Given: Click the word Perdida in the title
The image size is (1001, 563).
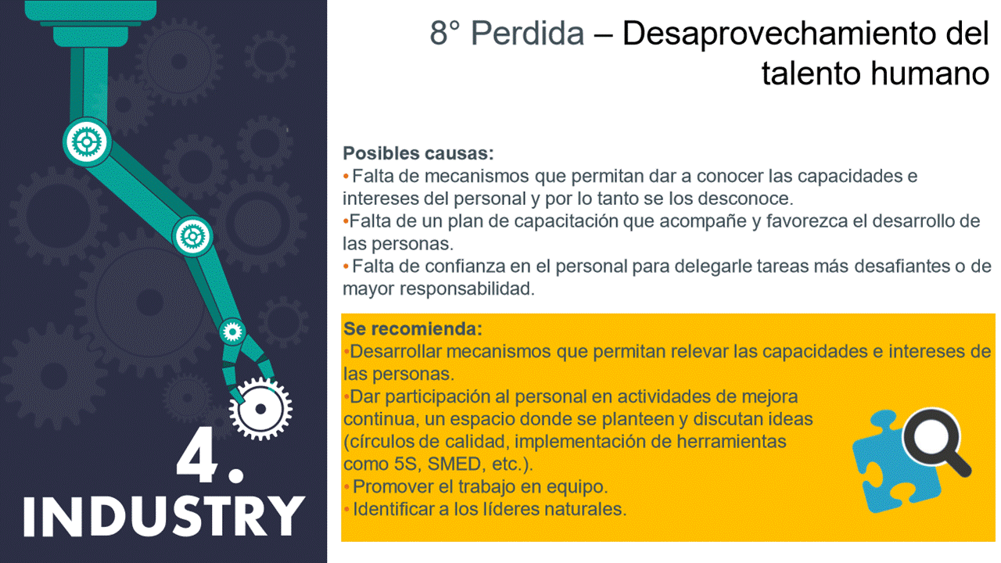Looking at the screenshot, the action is point(528,34).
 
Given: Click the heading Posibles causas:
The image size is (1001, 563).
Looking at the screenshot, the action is point(418,153).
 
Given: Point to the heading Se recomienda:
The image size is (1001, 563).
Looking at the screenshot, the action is point(413,329).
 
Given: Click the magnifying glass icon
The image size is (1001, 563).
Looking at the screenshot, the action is point(936,443).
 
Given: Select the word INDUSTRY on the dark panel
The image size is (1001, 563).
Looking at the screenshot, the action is point(163,515).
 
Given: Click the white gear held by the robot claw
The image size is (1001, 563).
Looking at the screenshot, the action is point(260,408).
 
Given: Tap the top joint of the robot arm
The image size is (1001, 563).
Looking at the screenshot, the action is point(87,142).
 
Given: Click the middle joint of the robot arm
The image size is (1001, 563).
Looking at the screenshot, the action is point(192,236).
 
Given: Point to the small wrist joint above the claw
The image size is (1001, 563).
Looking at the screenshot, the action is point(232,332).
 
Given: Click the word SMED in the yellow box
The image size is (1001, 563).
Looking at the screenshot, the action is point(454,464).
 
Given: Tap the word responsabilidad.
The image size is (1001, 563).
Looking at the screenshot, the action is point(467,289).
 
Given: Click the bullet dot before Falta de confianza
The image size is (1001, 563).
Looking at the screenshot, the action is point(346,267).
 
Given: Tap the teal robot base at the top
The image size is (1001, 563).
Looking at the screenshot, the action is point(91,23).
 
